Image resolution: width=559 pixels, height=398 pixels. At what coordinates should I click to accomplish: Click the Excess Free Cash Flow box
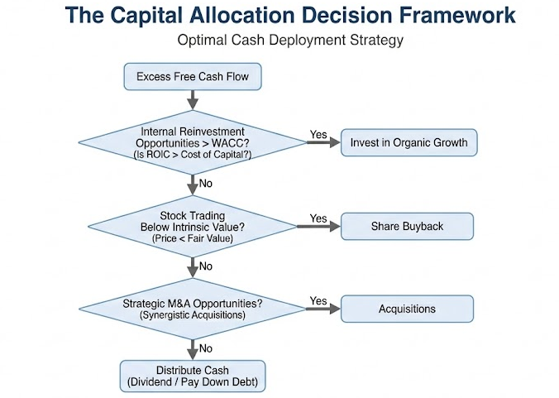pos(193,77)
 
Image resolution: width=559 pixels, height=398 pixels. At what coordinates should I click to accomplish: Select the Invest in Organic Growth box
pos(408,142)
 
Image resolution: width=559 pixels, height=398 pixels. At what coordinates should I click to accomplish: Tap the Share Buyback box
pos(408,225)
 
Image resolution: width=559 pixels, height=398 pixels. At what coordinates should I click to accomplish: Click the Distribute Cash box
pos(193,375)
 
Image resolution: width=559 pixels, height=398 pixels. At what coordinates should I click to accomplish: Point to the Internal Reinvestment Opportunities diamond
pos(193,142)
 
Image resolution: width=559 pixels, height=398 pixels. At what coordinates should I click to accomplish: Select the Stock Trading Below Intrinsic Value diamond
pos(193,225)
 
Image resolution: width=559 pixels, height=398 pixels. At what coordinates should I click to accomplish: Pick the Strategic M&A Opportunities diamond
pos(193,309)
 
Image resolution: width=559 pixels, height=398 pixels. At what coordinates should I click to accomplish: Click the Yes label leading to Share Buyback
pos(318,218)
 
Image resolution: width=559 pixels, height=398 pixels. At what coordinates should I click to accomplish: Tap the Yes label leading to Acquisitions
pos(318,300)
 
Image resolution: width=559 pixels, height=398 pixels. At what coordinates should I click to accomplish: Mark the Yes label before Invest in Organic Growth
pos(318,134)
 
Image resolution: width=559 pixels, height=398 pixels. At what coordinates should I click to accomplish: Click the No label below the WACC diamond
pos(206,183)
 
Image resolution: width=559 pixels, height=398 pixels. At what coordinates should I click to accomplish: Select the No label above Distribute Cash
pos(206,348)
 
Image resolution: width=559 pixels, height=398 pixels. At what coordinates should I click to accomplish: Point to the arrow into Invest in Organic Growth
pos(323,143)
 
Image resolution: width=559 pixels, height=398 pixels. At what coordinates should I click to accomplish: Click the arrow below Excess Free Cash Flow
pos(193,99)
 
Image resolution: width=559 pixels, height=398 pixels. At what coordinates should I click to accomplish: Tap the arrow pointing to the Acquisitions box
pos(323,309)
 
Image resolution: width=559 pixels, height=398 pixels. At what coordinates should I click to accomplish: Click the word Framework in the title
pos(447,15)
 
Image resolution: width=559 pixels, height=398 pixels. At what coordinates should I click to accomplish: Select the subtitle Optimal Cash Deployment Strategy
pos(279,40)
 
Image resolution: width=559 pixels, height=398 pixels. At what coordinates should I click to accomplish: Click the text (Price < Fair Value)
pos(193,238)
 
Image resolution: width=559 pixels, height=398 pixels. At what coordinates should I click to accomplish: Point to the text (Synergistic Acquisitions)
pos(193,315)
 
